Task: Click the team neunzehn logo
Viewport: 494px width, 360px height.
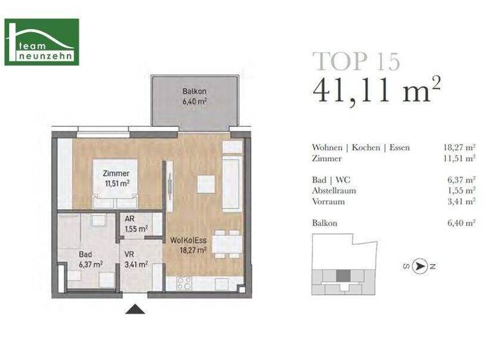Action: (42, 42)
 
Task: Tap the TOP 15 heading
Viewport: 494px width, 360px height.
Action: (356, 60)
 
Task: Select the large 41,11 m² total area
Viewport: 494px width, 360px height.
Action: (376, 91)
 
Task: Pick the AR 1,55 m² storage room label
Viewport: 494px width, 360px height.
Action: (135, 224)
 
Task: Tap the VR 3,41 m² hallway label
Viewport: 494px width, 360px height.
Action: (135, 259)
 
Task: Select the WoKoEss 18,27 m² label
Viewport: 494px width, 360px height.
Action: (188, 245)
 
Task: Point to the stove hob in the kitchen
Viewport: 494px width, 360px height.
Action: (184, 282)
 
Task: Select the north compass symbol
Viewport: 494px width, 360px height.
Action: (421, 265)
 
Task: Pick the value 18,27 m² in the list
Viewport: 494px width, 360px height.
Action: (462, 148)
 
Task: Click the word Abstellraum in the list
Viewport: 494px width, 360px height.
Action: (334, 191)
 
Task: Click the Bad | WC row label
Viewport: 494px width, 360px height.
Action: (331, 180)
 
